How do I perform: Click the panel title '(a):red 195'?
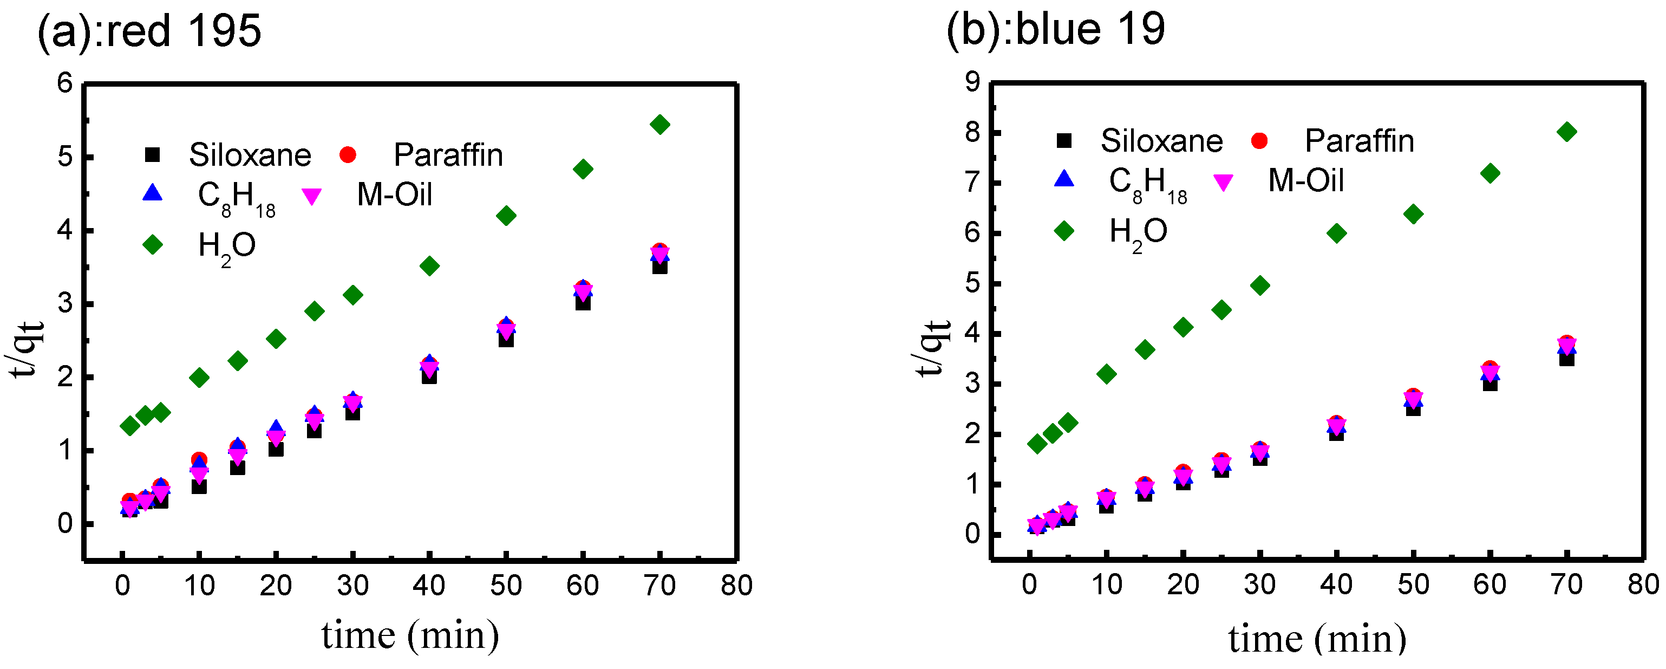point(149,30)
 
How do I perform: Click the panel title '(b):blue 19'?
point(1055,29)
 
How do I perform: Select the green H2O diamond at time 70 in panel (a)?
point(659,124)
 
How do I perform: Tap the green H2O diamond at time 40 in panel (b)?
point(1336,233)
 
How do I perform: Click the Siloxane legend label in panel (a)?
point(250,155)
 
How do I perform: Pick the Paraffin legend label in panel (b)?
point(1360,141)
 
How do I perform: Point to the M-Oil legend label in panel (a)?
point(395,194)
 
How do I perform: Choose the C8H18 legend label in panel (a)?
point(236,197)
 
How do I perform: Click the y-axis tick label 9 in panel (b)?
point(972,82)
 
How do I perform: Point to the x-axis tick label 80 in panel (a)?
point(737,586)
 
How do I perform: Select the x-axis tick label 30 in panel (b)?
point(1259,585)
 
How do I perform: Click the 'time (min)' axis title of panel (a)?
point(410,635)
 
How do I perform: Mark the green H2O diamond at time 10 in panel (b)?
point(1107,374)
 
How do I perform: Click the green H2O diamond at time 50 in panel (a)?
point(506,216)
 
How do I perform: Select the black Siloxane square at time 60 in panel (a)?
point(583,302)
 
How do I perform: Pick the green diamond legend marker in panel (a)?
point(153,244)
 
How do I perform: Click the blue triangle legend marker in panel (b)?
point(1064,179)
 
